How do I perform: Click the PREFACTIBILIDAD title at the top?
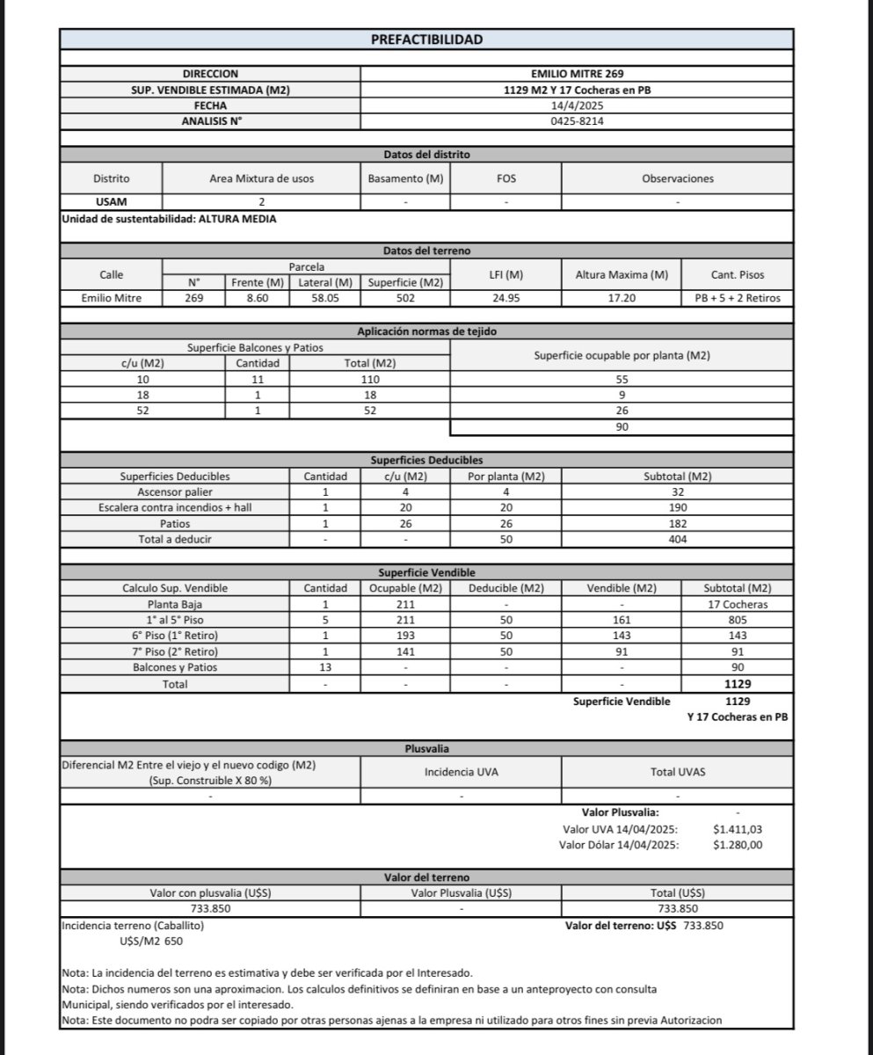coord(426,40)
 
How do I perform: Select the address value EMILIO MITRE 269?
coord(577,74)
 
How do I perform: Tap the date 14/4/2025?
coord(577,105)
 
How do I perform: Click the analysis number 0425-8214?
coord(577,121)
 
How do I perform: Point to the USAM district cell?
coord(112,201)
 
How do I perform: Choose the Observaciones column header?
coord(677,178)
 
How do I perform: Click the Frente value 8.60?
coord(257,298)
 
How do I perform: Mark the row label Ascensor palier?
coord(175,492)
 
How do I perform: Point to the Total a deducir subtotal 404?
coord(677,540)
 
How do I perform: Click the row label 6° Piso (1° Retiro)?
coord(175,636)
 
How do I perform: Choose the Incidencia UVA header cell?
coord(461,772)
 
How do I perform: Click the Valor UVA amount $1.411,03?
coord(738,829)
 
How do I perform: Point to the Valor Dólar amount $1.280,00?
coord(738,845)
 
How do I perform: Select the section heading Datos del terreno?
coord(426,251)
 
